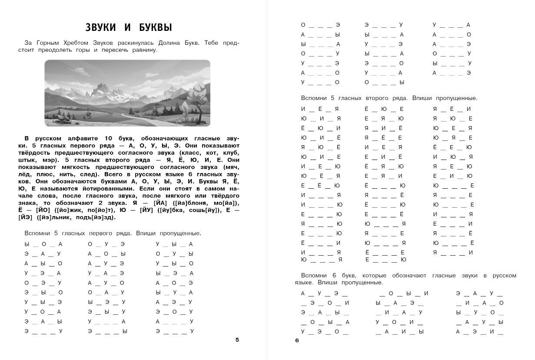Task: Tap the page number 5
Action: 237,340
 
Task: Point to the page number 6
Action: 297,340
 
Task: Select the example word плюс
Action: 64,174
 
